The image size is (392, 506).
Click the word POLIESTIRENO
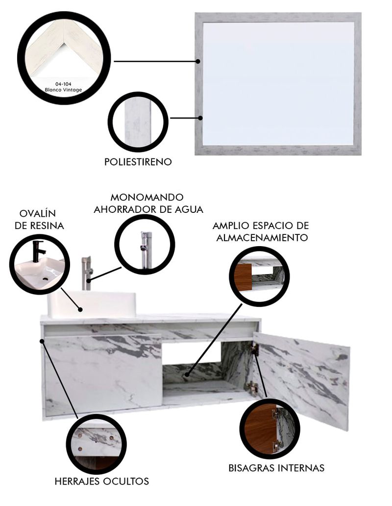(x=138, y=161)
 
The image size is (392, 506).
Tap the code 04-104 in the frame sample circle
(x=63, y=84)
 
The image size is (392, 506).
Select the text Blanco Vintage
(x=63, y=90)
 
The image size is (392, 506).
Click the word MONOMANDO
(x=147, y=197)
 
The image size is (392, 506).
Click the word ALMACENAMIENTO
(x=262, y=238)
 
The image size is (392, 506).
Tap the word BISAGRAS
(x=252, y=468)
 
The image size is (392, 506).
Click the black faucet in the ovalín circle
(x=38, y=251)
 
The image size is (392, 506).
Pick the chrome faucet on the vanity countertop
(x=87, y=273)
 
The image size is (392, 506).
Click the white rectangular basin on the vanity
(x=92, y=304)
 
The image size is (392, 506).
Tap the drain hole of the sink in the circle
(x=46, y=278)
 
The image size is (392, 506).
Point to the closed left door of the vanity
(x=103, y=374)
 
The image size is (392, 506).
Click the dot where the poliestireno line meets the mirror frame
(x=200, y=118)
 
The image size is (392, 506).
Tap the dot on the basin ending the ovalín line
(x=80, y=309)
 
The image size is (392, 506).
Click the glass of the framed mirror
(x=278, y=83)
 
